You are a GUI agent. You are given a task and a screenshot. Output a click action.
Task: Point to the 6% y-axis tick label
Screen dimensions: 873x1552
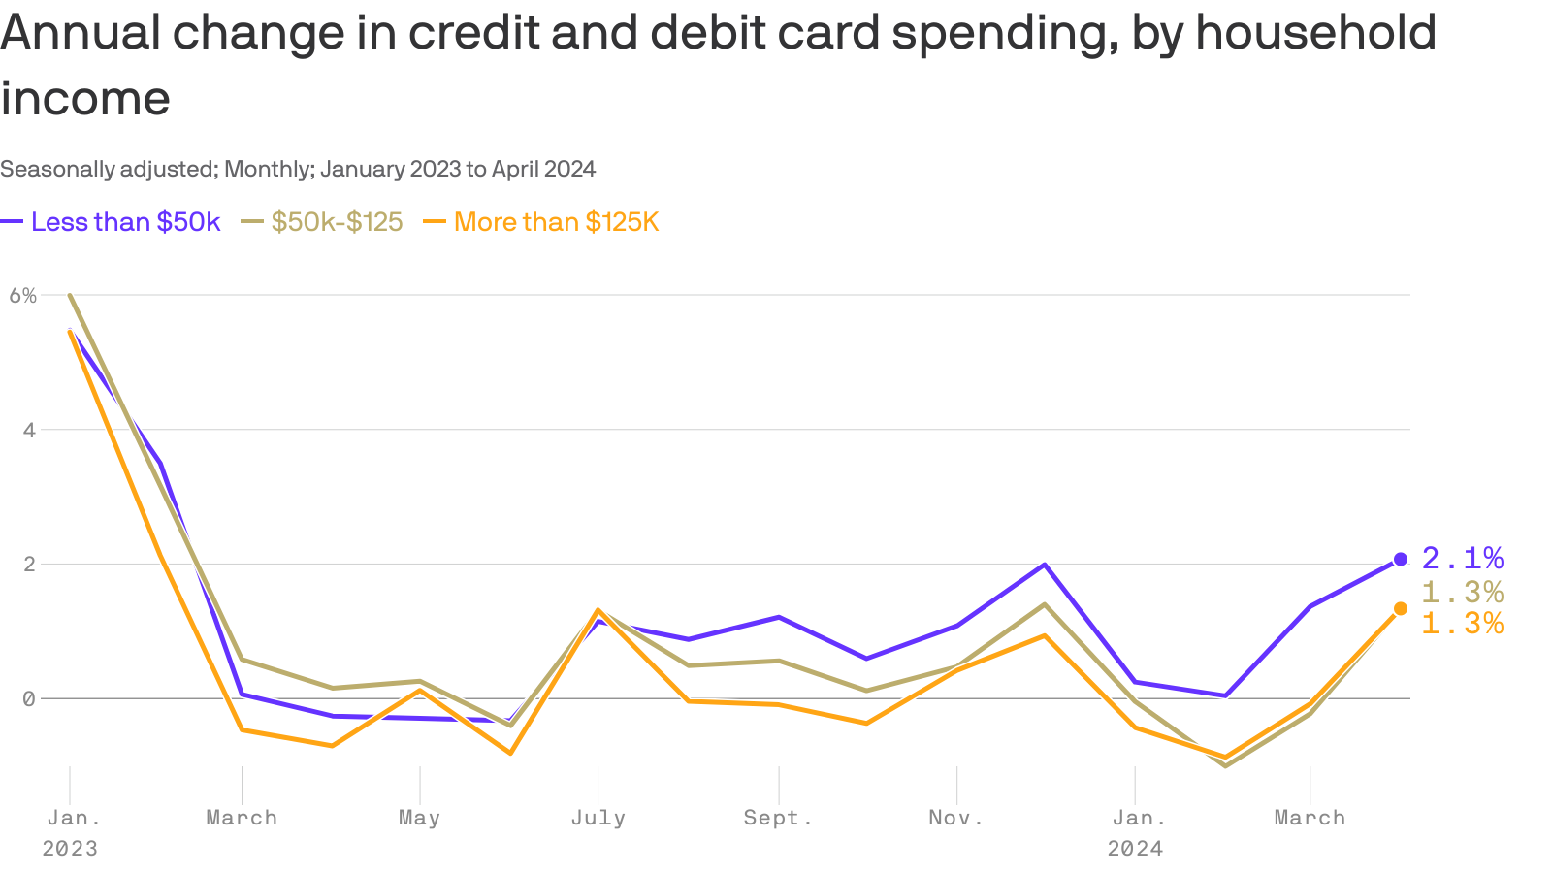tap(23, 296)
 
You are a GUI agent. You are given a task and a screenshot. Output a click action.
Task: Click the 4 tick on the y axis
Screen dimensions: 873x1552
tap(29, 430)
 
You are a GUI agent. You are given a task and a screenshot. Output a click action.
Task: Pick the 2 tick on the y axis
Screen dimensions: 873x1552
tap(29, 565)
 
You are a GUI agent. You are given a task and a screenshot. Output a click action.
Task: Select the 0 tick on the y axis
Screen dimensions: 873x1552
tap(29, 698)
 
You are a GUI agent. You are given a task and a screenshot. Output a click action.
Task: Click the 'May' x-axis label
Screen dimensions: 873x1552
tap(419, 818)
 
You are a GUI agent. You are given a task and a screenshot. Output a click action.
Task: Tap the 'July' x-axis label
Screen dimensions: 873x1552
tap(598, 818)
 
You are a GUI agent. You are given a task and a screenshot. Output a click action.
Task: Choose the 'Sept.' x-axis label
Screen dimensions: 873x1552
tap(778, 818)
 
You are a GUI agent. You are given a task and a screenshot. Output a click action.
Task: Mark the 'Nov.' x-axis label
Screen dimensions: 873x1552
tap(956, 818)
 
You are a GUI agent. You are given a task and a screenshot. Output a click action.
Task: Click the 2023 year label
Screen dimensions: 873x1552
tap(70, 849)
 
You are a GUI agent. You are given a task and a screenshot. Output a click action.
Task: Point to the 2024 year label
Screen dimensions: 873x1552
tap(1135, 849)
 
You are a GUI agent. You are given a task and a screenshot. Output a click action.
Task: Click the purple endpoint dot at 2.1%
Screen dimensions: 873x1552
tap(1401, 559)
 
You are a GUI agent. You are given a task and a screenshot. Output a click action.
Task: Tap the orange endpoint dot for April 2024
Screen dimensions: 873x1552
tap(1401, 608)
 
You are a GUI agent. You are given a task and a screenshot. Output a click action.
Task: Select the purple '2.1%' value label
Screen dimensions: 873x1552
tap(1463, 559)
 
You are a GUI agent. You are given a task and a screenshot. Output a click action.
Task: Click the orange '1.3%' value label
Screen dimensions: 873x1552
tap(1463, 624)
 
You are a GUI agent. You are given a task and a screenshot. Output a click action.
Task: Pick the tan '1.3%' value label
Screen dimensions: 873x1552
tap(1463, 592)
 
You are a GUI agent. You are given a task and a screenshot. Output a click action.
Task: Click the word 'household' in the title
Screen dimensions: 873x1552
tap(1315, 33)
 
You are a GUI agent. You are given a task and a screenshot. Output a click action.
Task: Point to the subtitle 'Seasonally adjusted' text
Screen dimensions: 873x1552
tap(108, 170)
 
